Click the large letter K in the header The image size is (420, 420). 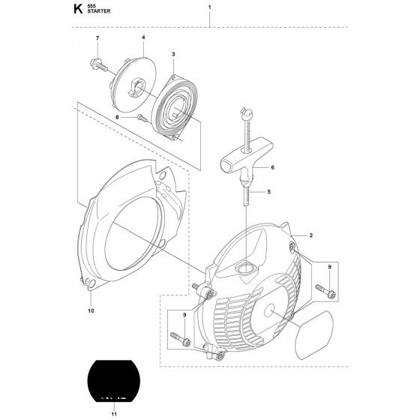(x=78, y=9)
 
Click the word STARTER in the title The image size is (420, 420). (x=98, y=11)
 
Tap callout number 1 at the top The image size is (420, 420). (x=210, y=7)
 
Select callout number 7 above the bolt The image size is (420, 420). (x=97, y=38)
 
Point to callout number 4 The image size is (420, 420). (x=143, y=37)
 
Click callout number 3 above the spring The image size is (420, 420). (x=173, y=54)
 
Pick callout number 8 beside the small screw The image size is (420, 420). (x=117, y=117)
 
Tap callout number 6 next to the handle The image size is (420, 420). (x=273, y=167)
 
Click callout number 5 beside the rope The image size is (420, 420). (x=269, y=192)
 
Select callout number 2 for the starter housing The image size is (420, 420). (x=311, y=235)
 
